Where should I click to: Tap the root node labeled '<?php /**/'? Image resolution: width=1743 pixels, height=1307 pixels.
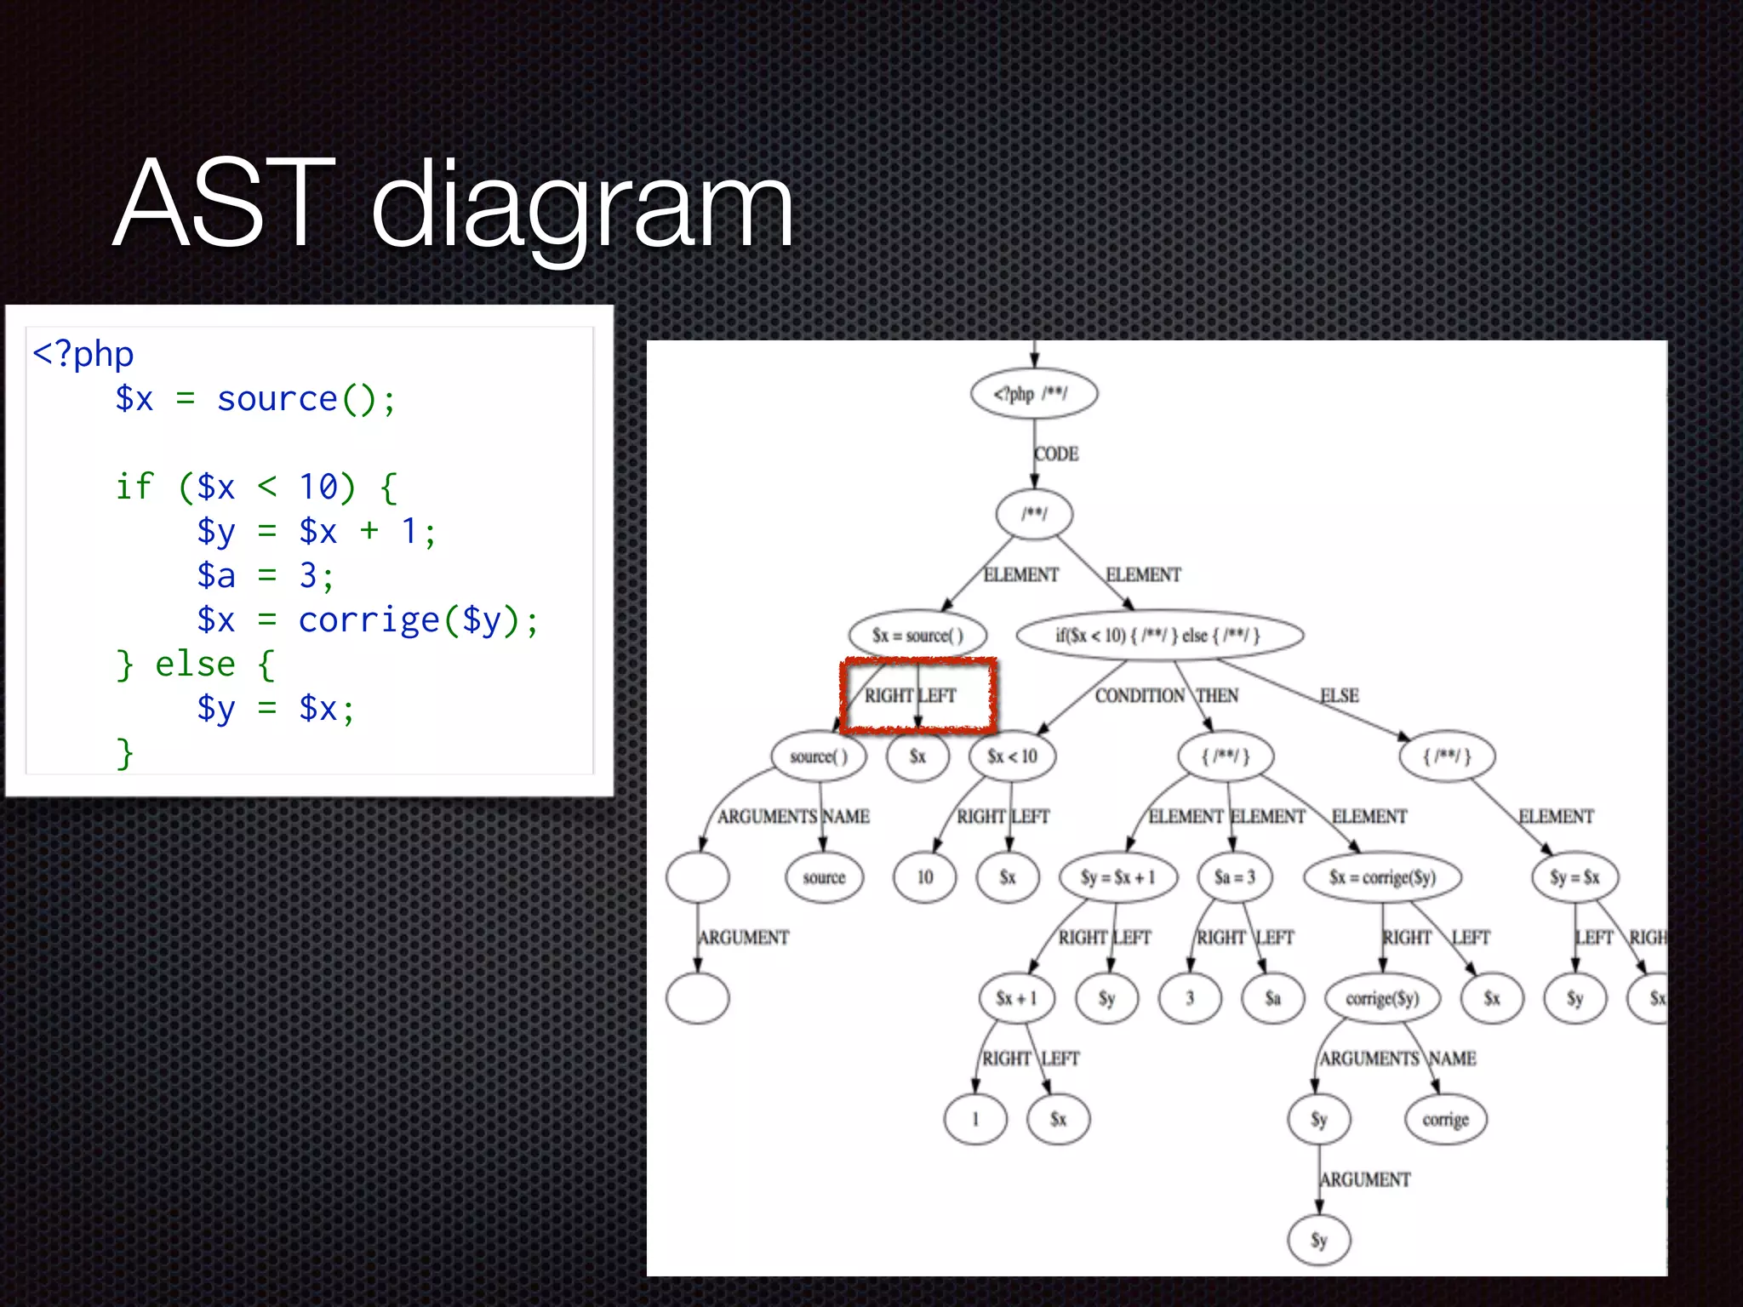tap(1033, 394)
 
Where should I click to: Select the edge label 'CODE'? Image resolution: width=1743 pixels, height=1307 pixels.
tap(1056, 454)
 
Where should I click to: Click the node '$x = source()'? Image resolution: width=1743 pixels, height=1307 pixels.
tap(917, 636)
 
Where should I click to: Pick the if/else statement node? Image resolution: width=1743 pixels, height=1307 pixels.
tap(1159, 636)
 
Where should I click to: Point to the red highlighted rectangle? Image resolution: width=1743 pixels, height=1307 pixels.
tap(917, 695)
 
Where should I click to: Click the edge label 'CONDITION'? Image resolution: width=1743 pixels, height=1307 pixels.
tap(1139, 696)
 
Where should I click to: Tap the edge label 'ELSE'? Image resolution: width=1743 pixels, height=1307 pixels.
tap(1339, 696)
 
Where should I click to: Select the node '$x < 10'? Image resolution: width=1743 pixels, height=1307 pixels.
tap(1012, 756)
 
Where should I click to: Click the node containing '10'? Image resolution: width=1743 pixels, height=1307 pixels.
tap(924, 877)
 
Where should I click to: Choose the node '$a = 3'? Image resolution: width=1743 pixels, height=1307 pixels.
tap(1234, 877)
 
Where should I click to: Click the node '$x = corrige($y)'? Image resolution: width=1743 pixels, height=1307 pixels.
tap(1382, 877)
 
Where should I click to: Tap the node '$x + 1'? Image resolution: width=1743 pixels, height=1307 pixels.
tap(1016, 998)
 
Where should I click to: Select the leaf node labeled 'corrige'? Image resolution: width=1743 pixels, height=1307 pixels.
tap(1445, 1120)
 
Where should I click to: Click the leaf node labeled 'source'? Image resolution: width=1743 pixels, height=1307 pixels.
tap(824, 877)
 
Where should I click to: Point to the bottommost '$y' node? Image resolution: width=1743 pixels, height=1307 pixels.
tap(1318, 1241)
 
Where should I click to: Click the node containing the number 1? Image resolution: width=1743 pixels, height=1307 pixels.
tap(975, 1120)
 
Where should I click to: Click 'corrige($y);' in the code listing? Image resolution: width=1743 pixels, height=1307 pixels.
tap(418, 619)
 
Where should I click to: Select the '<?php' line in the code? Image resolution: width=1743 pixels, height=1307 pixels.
tap(83, 354)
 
